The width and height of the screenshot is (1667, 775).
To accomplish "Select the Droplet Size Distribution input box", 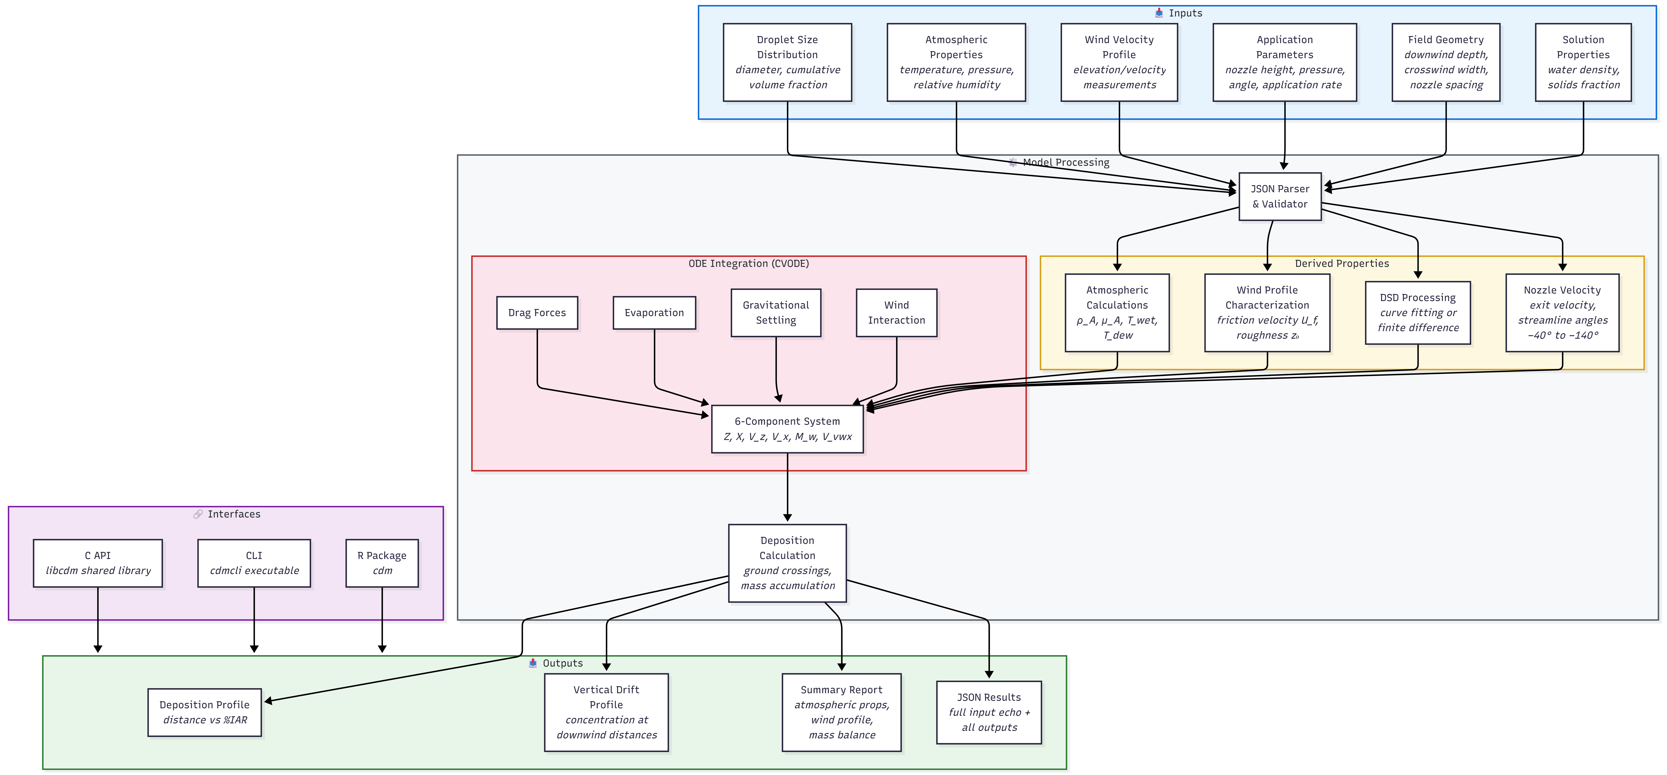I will point(787,62).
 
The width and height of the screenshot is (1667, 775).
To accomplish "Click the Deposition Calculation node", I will point(787,563).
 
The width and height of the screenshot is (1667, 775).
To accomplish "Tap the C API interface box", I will point(98,563).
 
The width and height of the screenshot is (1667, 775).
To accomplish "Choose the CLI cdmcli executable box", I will point(254,563).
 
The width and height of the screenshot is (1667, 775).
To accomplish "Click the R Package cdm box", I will point(382,563).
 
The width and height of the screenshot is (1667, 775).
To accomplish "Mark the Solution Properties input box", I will point(1583,62).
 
